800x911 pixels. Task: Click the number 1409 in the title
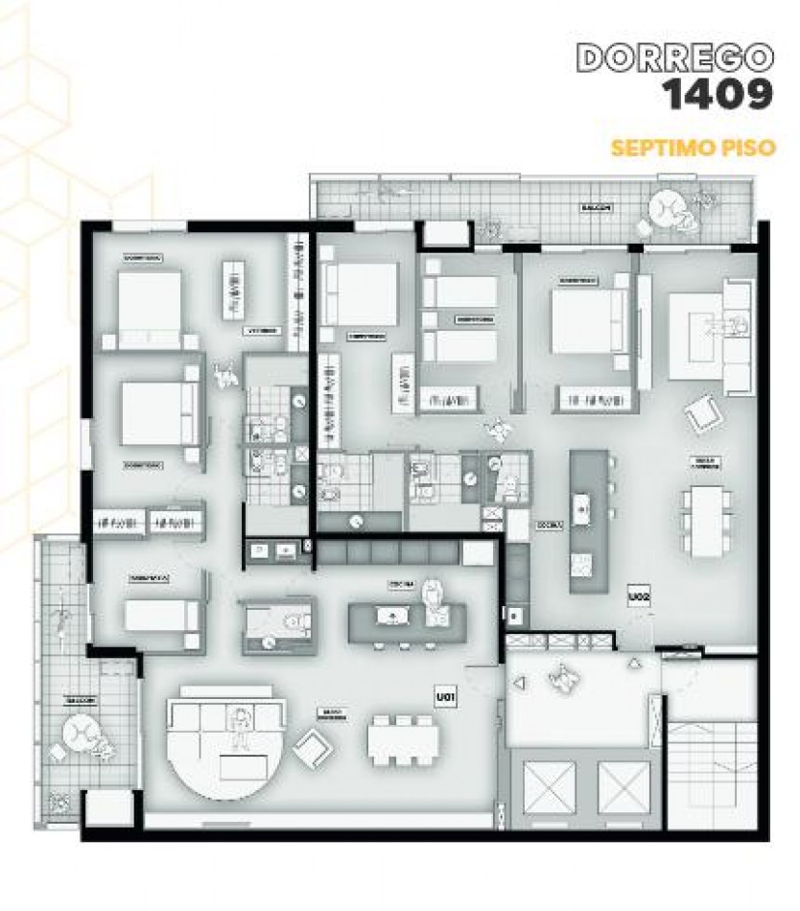click(718, 95)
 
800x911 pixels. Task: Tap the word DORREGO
click(676, 57)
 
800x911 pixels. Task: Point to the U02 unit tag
click(639, 596)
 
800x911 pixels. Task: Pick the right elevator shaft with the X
click(624, 783)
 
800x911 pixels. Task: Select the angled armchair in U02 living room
click(702, 415)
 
